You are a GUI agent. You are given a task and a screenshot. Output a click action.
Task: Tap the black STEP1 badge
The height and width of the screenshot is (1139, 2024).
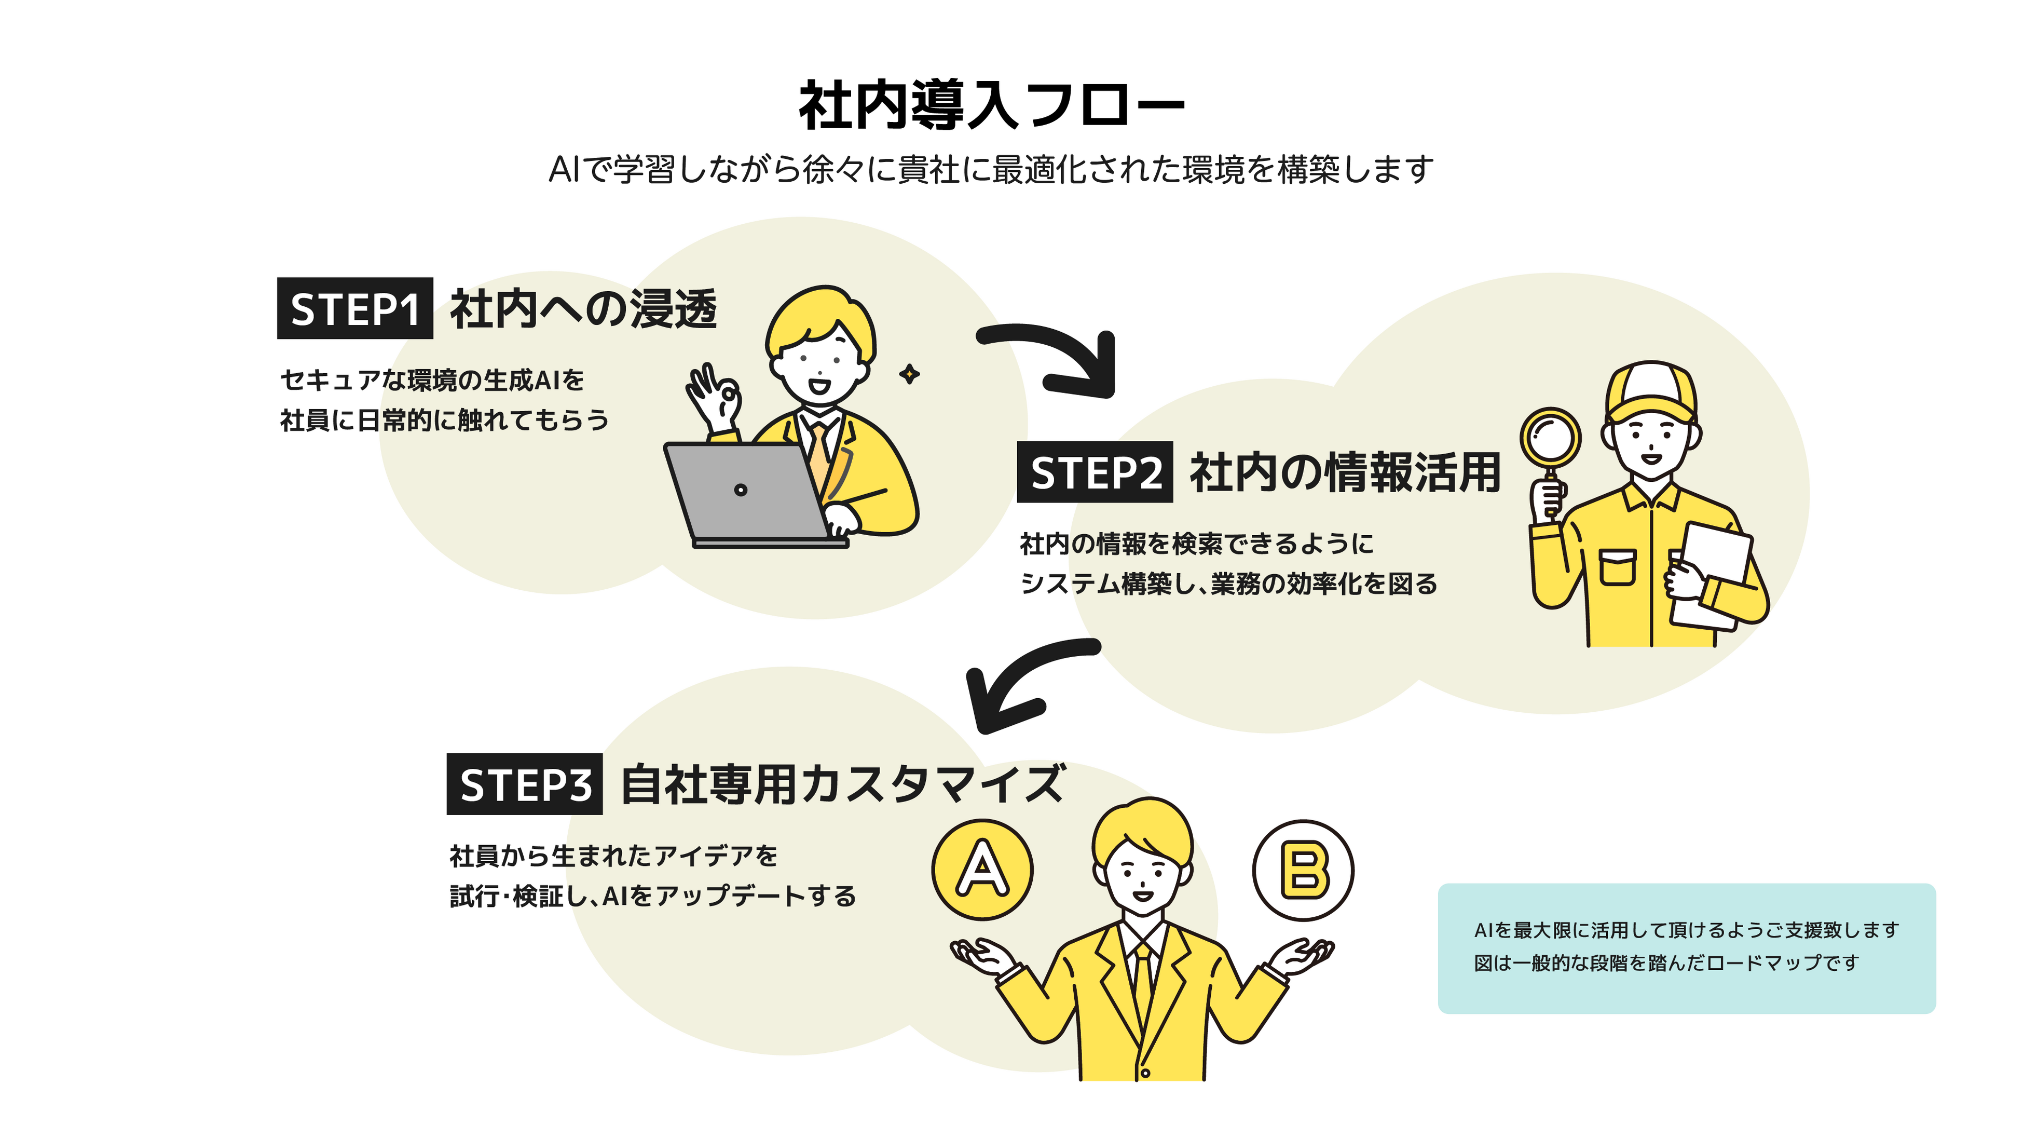point(354,309)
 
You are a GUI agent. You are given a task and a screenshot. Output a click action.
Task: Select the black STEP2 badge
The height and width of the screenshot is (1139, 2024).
point(1095,472)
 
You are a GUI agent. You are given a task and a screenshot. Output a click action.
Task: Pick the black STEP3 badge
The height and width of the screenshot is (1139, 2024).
point(524,784)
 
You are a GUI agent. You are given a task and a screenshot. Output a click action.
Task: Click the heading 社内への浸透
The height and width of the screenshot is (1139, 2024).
point(583,309)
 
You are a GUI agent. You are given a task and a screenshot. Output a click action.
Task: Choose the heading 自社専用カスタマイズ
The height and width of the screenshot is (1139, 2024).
point(842,784)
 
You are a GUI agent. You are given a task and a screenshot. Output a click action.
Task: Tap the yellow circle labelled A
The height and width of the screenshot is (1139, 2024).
point(982,870)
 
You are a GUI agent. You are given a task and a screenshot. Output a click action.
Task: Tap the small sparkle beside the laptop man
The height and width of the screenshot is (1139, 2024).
point(910,374)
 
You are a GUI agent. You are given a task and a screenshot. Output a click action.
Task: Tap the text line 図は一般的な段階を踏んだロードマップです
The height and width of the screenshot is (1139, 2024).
point(1666,963)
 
